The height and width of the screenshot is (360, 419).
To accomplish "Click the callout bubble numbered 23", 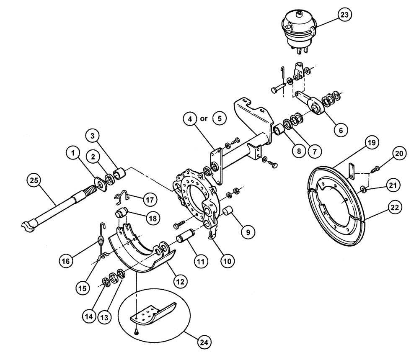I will (x=345, y=15).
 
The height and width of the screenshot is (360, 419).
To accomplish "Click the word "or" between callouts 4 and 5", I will (x=204, y=118).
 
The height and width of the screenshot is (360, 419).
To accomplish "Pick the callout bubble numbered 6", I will (x=341, y=130).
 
